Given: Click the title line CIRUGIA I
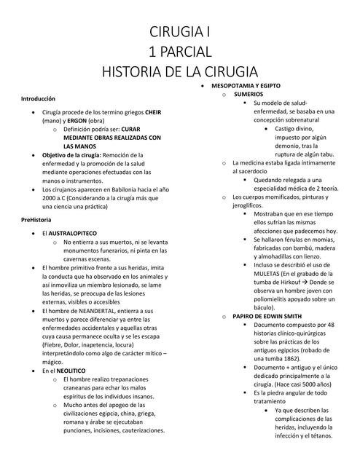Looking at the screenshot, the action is point(179,32).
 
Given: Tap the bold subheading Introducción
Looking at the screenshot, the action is point(38,98).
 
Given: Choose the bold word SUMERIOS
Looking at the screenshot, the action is point(249,95).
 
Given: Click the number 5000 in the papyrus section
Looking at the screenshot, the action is point(303,384).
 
